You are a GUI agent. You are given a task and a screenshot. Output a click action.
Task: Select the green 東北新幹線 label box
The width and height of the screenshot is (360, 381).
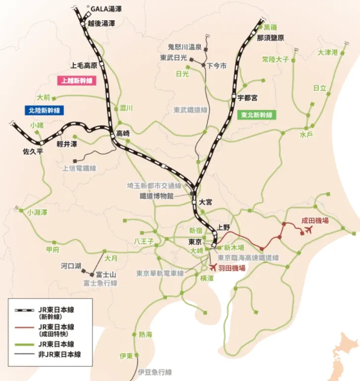256,115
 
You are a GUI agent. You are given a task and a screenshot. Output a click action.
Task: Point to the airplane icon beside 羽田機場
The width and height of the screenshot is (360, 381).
213,268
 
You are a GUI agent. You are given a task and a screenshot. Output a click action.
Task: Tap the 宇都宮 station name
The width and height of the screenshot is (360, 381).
247,98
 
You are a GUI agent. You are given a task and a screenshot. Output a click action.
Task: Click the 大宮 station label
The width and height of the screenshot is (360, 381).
205,202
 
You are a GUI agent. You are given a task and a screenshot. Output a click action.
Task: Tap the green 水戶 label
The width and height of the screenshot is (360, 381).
306,135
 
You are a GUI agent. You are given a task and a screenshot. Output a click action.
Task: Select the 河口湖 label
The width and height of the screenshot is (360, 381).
71,266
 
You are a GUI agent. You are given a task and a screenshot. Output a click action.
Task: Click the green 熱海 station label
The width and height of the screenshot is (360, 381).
146,334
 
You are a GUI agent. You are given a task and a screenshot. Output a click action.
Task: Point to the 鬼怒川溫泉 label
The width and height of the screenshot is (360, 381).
185,47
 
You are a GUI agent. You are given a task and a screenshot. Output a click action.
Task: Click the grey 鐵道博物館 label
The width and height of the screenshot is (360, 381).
156,196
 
